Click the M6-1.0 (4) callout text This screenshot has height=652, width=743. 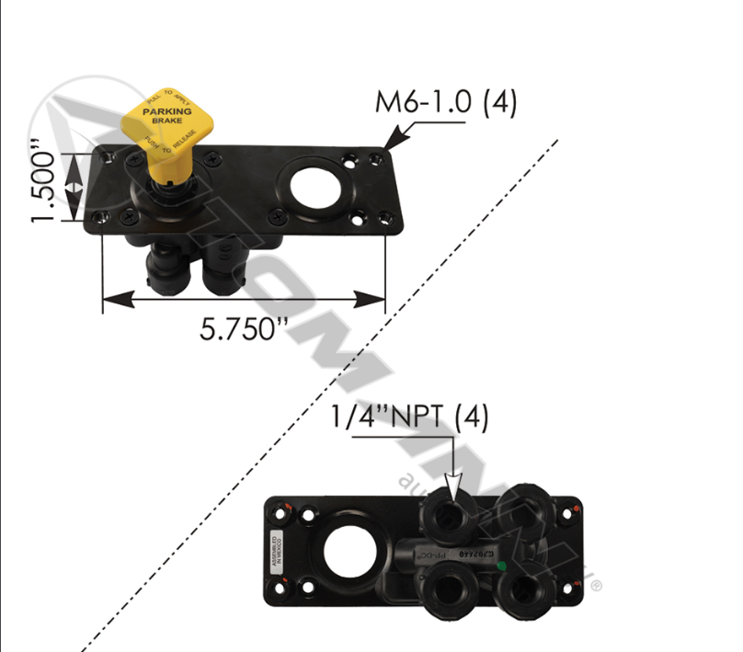point(446,102)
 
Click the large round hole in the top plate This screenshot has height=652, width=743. point(315,181)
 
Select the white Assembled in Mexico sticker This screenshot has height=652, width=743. point(275,549)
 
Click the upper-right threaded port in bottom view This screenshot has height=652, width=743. point(529,510)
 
